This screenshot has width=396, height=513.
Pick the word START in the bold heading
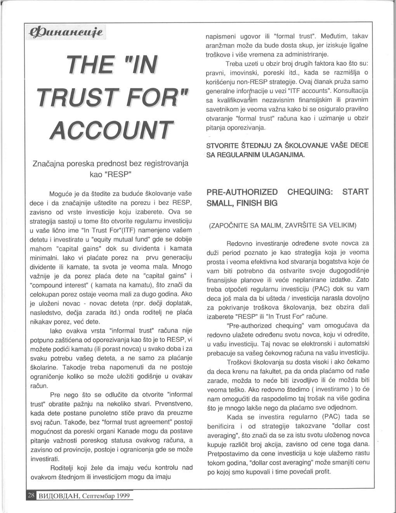[x=355, y=192]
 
